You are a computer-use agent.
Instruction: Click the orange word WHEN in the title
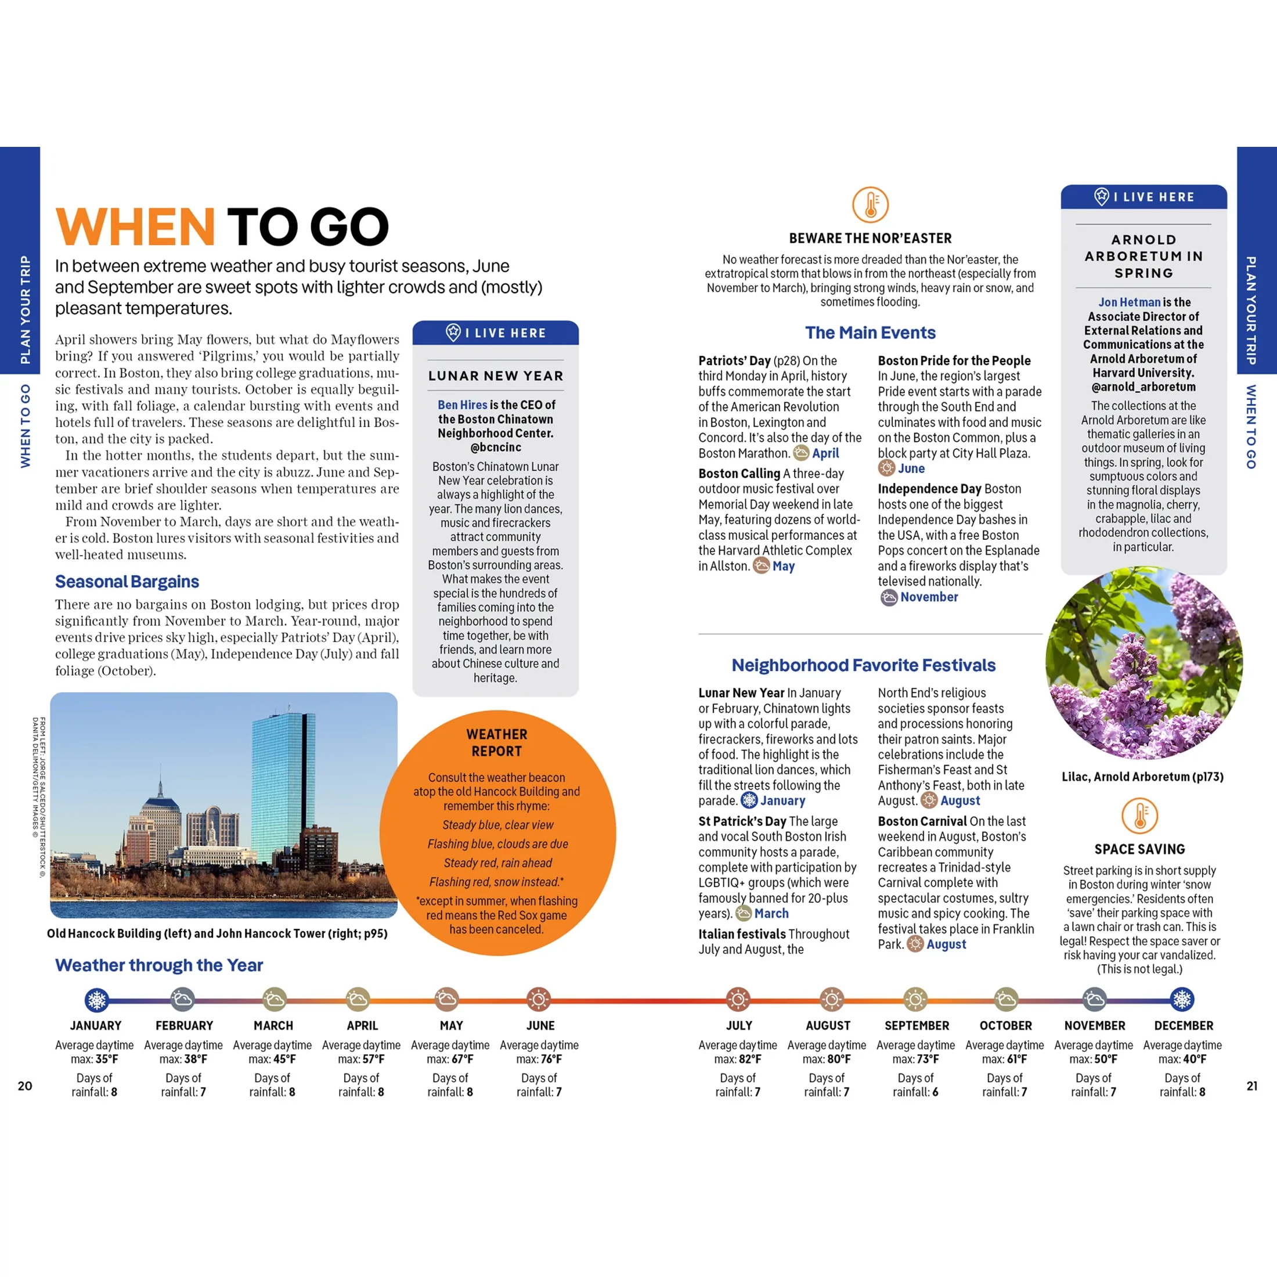tap(135, 228)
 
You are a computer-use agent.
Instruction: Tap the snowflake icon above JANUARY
tap(96, 1000)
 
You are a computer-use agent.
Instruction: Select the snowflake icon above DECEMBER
tap(1182, 1000)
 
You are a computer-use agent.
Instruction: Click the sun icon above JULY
tap(738, 1000)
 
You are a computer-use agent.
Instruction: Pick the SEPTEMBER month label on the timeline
tap(917, 1026)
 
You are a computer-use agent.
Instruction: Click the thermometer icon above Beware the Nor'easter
tap(870, 204)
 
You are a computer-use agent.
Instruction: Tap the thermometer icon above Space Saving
tap(1139, 816)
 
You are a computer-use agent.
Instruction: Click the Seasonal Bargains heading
tap(127, 582)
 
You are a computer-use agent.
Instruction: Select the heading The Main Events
tap(870, 333)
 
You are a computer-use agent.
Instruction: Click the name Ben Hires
tap(462, 405)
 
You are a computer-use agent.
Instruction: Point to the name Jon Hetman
tap(1129, 302)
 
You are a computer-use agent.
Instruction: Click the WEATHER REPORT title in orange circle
tap(496, 742)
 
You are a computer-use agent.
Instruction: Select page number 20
tap(25, 1086)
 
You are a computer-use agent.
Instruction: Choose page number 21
tap(1251, 1086)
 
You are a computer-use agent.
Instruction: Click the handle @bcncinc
tap(495, 448)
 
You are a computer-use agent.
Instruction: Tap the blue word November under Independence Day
tap(929, 597)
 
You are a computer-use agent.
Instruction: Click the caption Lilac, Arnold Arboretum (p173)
tap(1142, 777)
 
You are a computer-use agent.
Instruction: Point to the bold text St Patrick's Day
tap(742, 821)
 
